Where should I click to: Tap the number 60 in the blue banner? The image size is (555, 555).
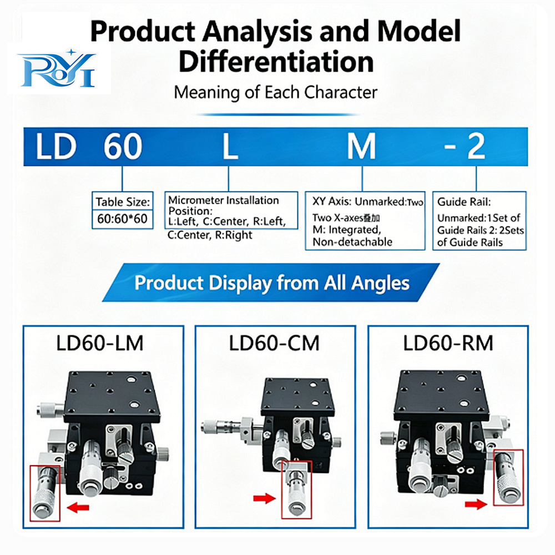[x=123, y=146]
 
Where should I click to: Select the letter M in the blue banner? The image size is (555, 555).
[x=361, y=146]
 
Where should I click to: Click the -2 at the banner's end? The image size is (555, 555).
[x=464, y=146]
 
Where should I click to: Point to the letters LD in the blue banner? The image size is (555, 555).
[x=56, y=146]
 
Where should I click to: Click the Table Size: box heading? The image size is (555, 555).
[x=123, y=202]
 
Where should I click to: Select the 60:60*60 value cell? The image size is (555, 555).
[x=122, y=219]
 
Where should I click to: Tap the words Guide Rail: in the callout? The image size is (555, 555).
[x=464, y=202]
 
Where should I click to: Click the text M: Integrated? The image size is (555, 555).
[x=346, y=230]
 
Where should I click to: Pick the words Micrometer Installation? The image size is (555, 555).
[x=223, y=200]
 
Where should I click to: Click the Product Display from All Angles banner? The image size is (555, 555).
[x=271, y=283]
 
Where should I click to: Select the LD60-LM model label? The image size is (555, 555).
[x=100, y=344]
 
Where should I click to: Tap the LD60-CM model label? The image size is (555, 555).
[x=274, y=344]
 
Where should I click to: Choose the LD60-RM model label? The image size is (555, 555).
[x=448, y=344]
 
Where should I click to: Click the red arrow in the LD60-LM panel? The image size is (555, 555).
[x=78, y=508]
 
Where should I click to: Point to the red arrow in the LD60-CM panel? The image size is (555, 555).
[x=264, y=498]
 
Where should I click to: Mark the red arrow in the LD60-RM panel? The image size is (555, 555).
[x=476, y=504]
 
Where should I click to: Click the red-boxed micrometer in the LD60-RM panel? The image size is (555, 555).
[x=508, y=477]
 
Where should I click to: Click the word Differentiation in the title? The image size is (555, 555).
[x=276, y=62]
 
